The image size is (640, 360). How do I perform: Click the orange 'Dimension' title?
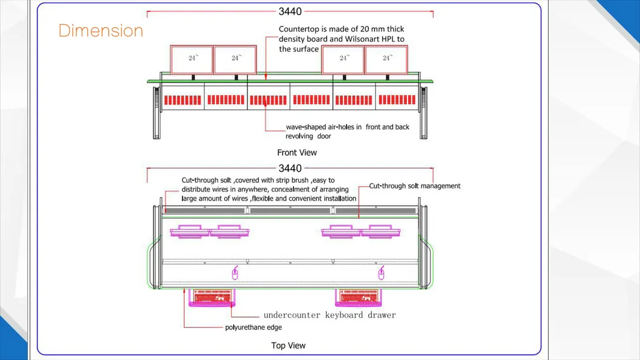[101, 31]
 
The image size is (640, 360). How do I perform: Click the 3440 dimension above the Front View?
[290, 11]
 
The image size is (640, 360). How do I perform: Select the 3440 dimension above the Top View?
[290, 169]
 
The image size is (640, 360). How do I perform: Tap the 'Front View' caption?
[297, 152]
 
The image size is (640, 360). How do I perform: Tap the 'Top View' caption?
[288, 346]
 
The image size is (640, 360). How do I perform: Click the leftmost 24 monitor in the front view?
[192, 59]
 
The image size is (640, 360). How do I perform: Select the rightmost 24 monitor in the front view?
[386, 59]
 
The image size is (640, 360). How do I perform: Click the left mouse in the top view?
[235, 275]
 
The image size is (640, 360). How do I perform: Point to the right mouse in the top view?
[381, 275]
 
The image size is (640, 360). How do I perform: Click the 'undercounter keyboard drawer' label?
[330, 315]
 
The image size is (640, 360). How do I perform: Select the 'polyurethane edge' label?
[254, 327]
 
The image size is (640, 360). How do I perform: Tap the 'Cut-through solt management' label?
[415, 186]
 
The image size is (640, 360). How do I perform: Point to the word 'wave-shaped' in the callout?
[307, 127]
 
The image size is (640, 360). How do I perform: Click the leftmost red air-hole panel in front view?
[182, 100]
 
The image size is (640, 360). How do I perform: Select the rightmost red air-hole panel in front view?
[396, 100]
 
